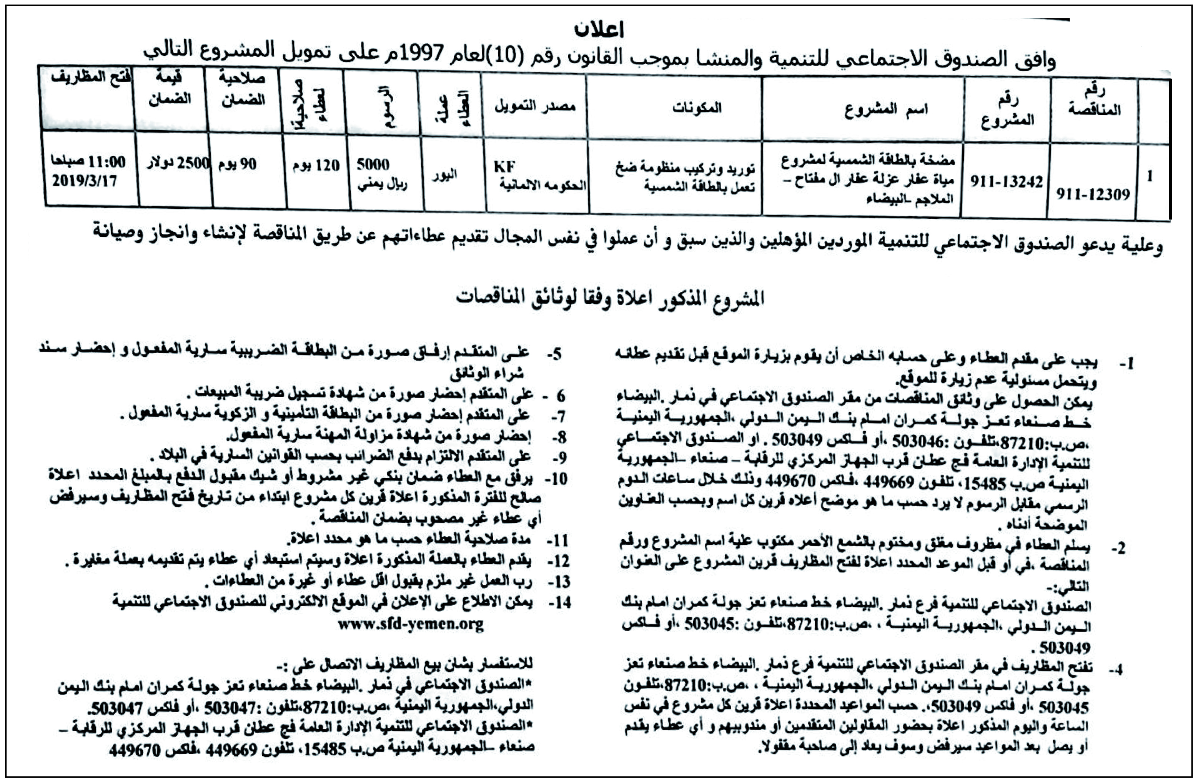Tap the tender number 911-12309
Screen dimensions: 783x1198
1093,194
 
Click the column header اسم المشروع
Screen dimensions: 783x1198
886,109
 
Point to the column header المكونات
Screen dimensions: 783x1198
697,107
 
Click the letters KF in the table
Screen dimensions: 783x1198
504,166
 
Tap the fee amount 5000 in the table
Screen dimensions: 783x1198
373,164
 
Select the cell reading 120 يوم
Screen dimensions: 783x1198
316,165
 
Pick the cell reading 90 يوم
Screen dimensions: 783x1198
237,164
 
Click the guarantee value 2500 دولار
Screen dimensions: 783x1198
178,163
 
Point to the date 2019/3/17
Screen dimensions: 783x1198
84,180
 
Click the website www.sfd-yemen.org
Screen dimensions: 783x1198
410,625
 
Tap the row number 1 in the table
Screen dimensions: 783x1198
1149,177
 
